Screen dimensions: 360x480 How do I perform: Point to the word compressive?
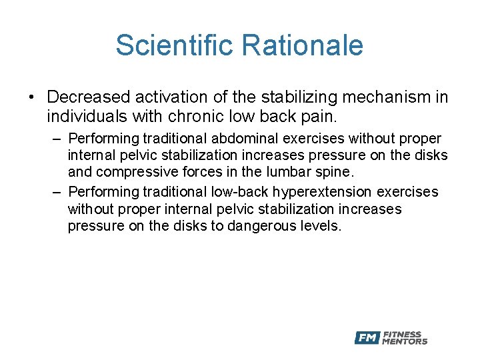132,172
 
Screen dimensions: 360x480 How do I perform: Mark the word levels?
319,226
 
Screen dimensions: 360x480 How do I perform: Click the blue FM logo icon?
367,338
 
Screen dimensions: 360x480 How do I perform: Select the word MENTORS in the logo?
405,341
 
